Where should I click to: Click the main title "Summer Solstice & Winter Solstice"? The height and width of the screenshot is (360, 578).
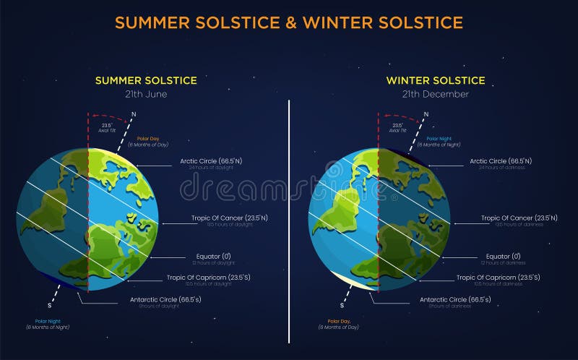pyautogui.click(x=289, y=22)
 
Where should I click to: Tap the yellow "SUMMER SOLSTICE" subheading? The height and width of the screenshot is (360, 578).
pyautogui.click(x=146, y=80)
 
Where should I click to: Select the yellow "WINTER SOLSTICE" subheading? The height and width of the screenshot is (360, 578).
pyautogui.click(x=436, y=80)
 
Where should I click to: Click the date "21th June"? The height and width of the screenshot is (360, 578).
pyautogui.click(x=146, y=94)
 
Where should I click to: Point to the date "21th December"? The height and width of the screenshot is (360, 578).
pyautogui.click(x=436, y=94)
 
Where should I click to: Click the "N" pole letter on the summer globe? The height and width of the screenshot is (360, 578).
pyautogui.click(x=135, y=113)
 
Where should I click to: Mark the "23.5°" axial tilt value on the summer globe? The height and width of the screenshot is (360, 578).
pyautogui.click(x=105, y=125)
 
